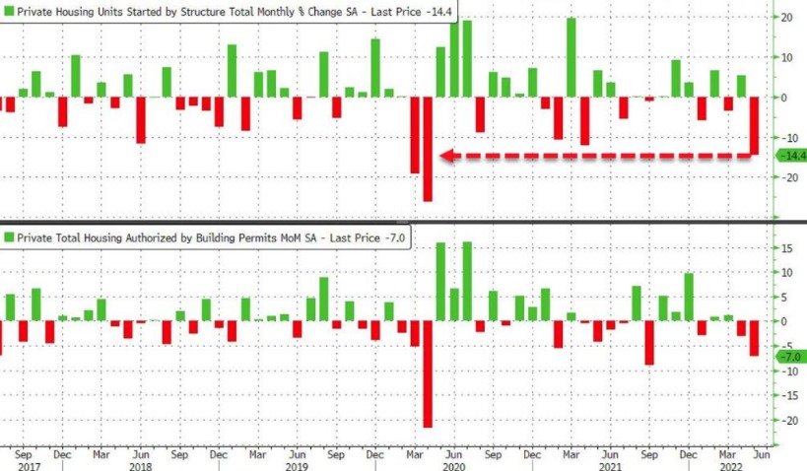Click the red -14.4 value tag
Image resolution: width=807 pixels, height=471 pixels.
coord(791,156)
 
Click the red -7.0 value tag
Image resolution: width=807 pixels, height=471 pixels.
coord(791,356)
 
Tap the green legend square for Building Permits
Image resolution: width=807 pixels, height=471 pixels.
coord(9,237)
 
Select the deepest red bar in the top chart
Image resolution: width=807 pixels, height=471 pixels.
coord(428,149)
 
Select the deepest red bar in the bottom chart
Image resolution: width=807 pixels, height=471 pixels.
coord(428,374)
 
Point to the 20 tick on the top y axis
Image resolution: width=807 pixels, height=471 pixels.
coord(787,17)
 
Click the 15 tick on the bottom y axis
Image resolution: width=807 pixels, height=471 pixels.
coord(787,247)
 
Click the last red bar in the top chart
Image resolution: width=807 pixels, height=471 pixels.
coord(755,125)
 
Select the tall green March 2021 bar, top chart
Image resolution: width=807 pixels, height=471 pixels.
coord(572,57)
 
